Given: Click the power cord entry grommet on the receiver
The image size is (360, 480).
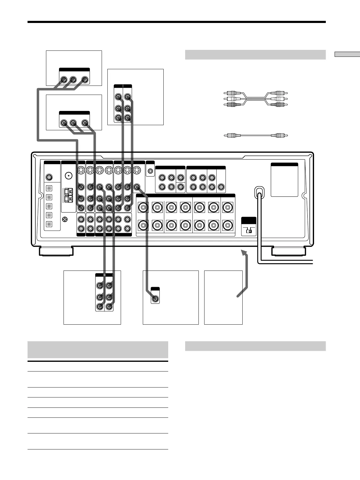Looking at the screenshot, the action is pyautogui.click(x=259, y=192).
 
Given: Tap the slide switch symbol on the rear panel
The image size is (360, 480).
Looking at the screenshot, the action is pyautogui.click(x=249, y=230).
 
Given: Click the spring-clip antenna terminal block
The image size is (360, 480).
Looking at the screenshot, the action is pyautogui.click(x=69, y=195).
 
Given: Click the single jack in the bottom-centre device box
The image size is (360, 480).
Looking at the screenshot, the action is pyautogui.click(x=155, y=299).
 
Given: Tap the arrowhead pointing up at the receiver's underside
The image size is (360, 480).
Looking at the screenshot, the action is pyautogui.click(x=244, y=253).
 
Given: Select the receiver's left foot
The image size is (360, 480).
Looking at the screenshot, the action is pyautogui.click(x=56, y=251).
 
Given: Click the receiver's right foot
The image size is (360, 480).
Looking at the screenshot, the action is pyautogui.click(x=288, y=251).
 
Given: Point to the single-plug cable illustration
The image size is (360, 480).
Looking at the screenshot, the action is pyautogui.click(x=256, y=135).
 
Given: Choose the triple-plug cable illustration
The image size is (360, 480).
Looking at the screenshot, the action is pyautogui.click(x=256, y=99).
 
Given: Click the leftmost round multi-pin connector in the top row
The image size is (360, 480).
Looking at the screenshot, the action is pyautogui.click(x=81, y=170).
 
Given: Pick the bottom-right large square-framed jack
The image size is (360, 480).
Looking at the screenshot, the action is pyautogui.click(x=227, y=225).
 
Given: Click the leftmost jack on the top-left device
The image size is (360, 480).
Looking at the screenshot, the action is pyautogui.click(x=64, y=80).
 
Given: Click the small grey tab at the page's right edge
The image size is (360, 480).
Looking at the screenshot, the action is pyautogui.click(x=347, y=54).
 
